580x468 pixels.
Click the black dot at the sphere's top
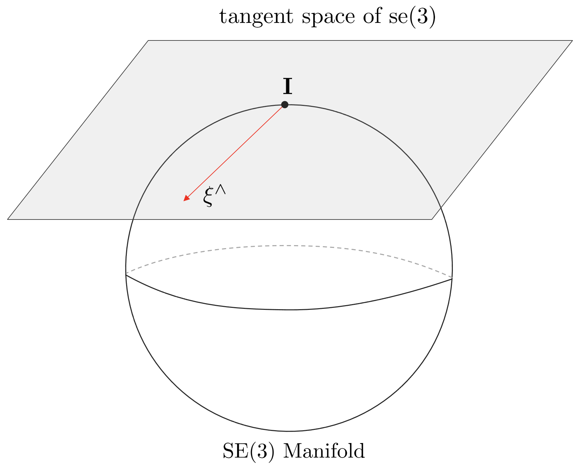tap(285, 105)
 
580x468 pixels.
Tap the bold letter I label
tap(287, 87)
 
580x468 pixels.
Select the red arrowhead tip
tap(184, 201)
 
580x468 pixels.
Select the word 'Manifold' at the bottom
tap(324, 451)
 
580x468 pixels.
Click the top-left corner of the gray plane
tap(148, 41)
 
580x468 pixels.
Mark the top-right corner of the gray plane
tap(572, 41)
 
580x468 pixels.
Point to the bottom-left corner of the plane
tap(8, 220)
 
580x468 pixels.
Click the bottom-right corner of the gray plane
tap(432, 220)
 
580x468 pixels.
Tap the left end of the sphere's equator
tap(126, 274)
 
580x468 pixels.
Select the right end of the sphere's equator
tap(452, 279)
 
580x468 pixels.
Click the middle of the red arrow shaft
tap(234, 153)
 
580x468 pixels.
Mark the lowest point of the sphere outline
tap(289, 431)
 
